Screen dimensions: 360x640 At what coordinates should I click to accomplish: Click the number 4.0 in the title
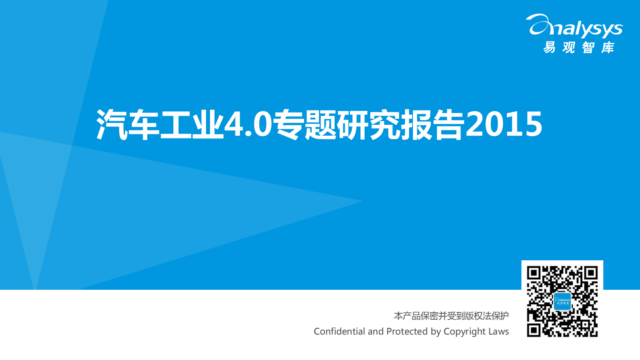(x=248, y=124)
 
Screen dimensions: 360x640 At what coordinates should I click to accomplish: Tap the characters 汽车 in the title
(x=128, y=124)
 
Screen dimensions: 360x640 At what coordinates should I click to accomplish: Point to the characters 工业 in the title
(x=192, y=124)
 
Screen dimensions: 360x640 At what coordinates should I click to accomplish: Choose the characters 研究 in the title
(x=369, y=124)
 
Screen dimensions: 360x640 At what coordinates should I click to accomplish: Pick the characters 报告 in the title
(x=432, y=124)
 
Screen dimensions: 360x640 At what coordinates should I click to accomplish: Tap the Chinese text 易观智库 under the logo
(x=579, y=48)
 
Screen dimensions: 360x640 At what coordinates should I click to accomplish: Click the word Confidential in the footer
(x=339, y=331)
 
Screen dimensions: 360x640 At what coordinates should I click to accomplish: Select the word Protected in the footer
(x=407, y=331)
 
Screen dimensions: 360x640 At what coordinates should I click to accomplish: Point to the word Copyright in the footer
(x=464, y=332)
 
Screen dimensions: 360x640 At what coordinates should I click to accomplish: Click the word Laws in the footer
(x=499, y=331)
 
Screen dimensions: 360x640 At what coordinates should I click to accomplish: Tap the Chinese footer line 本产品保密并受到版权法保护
(x=451, y=316)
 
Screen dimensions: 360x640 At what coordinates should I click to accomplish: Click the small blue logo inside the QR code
(x=562, y=301)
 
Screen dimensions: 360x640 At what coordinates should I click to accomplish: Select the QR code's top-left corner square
(x=534, y=273)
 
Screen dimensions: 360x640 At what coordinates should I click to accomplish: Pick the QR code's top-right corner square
(x=591, y=273)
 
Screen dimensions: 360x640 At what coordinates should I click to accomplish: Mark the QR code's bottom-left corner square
(x=534, y=330)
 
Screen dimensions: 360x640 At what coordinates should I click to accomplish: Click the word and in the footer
(x=375, y=331)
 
